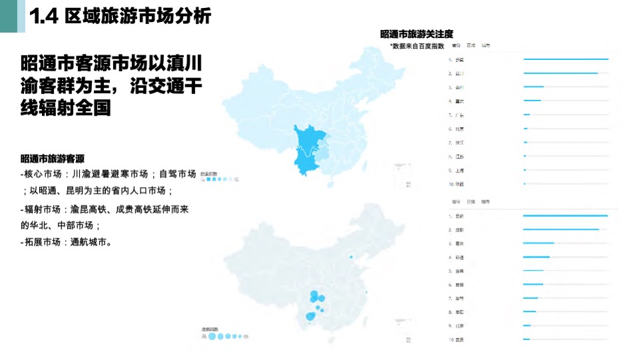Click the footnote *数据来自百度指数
(417, 46)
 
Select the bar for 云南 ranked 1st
(566, 59)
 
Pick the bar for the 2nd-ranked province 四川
(560, 73)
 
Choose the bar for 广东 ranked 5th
(527, 114)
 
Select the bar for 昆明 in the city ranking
(565, 216)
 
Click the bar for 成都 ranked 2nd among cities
(561, 230)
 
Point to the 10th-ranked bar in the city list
(527, 339)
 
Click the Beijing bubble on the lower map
(351, 257)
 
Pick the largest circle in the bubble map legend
(212, 337)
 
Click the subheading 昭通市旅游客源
(53, 158)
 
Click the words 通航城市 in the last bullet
(91, 242)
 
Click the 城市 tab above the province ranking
(487, 46)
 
